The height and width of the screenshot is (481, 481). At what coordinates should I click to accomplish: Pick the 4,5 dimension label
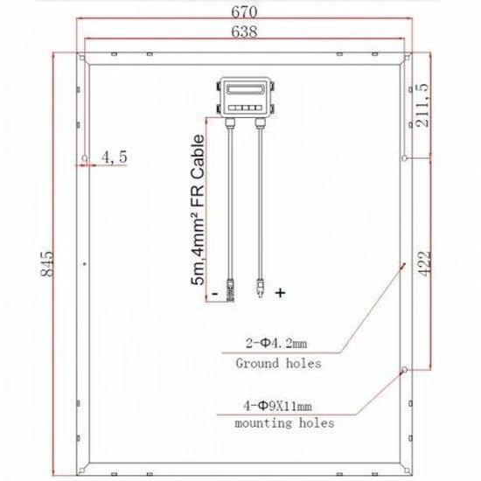tap(115, 157)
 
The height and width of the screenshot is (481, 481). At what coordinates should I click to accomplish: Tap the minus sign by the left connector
tap(213, 294)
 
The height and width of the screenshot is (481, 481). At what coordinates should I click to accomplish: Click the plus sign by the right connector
tap(280, 293)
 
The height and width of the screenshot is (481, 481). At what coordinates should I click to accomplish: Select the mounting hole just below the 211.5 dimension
tap(404, 158)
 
